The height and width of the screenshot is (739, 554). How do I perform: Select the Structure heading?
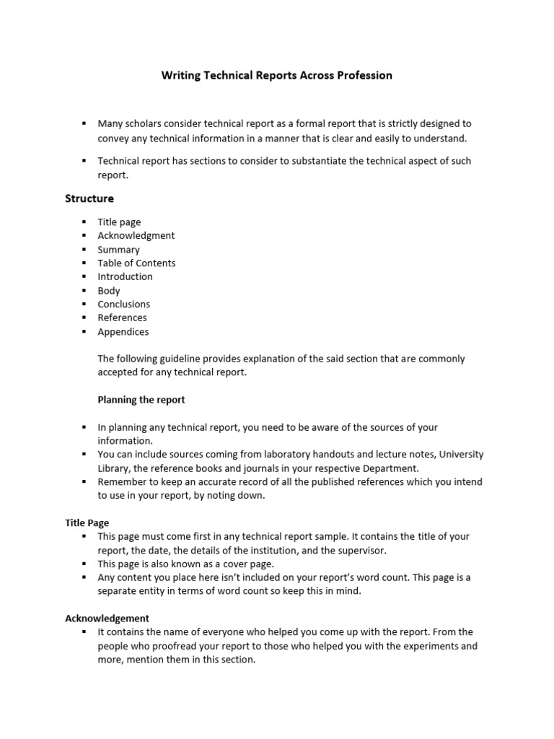[x=89, y=198]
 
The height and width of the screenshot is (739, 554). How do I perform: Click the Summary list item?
[x=119, y=250]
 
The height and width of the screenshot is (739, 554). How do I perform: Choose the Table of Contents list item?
[x=136, y=263]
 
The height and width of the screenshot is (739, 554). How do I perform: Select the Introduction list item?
[x=126, y=276]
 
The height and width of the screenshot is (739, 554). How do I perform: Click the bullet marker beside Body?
[x=84, y=291]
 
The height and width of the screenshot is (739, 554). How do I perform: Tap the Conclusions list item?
[x=124, y=305]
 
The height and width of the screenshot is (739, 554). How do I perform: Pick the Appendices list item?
[x=123, y=332]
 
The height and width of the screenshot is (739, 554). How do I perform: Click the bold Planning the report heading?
[x=141, y=400]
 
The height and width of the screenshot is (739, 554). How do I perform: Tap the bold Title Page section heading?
[x=87, y=522]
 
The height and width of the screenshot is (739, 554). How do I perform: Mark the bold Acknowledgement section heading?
[x=107, y=618]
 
